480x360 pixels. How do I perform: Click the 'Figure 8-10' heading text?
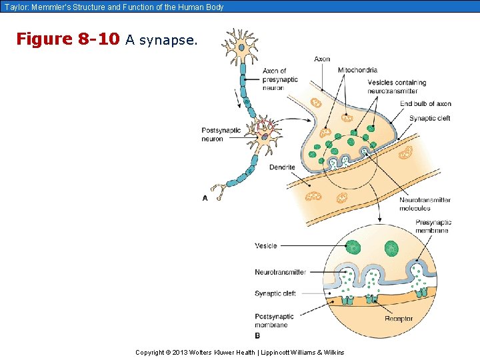[x=67, y=39]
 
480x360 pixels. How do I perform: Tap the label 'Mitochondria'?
[x=357, y=70]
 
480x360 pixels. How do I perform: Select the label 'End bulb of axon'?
[x=425, y=104]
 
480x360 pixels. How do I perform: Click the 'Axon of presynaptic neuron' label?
[x=280, y=79]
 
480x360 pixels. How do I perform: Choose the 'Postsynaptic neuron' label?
[x=221, y=134]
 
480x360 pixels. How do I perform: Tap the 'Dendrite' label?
[x=282, y=167]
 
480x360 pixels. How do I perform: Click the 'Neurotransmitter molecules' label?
[x=425, y=204]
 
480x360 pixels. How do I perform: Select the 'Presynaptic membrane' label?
[x=433, y=226]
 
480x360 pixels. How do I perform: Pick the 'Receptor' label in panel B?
[x=399, y=319]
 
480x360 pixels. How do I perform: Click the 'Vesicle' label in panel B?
[x=265, y=246]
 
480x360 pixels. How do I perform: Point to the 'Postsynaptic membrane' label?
[x=274, y=321]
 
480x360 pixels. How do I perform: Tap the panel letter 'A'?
[x=205, y=198]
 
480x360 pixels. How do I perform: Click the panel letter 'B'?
[x=257, y=335]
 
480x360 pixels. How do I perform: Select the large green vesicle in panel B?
[x=353, y=248]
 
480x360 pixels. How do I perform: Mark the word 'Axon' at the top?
[x=322, y=59]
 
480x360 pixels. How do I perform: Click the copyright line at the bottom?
[x=239, y=352]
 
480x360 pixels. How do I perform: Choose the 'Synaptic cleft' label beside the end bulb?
[x=429, y=119]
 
